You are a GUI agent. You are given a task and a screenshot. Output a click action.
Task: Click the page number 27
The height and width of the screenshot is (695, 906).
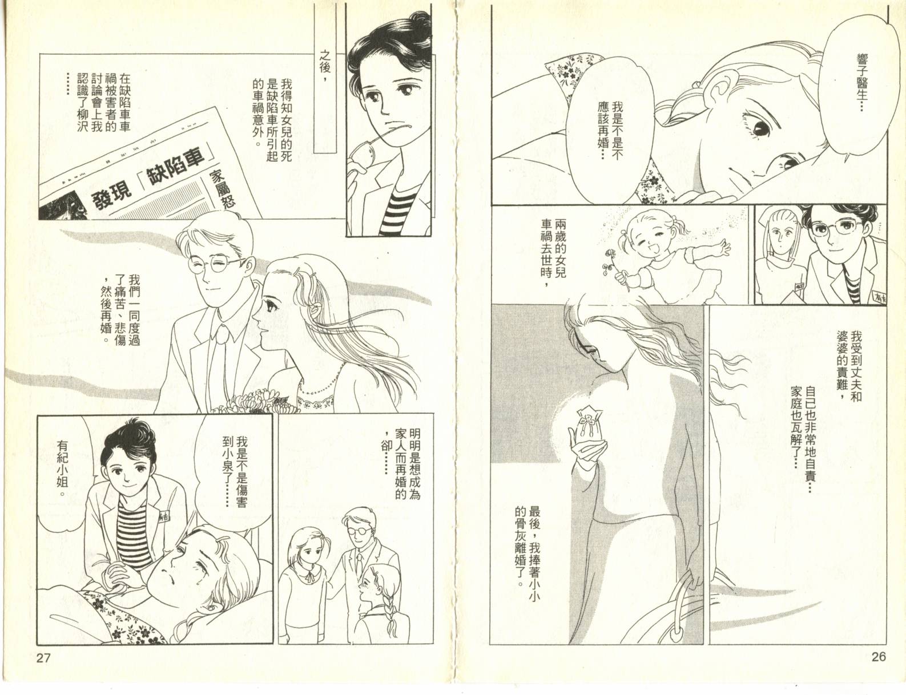click(x=43, y=658)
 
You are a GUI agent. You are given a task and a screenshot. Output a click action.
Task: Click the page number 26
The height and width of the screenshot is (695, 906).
click(x=878, y=657)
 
